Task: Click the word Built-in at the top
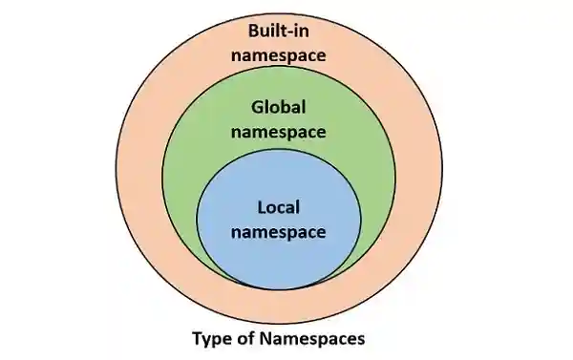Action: click(280, 30)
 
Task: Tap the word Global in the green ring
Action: click(279, 106)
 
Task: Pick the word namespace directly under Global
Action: click(279, 130)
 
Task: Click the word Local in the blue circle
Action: click(279, 205)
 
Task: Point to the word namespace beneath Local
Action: click(279, 230)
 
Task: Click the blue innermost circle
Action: click(279, 258)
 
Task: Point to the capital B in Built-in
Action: click(252, 30)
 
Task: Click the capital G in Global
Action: click(256, 106)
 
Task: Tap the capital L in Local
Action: click(263, 205)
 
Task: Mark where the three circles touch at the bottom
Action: click(279, 289)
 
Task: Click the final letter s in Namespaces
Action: click(361, 338)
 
